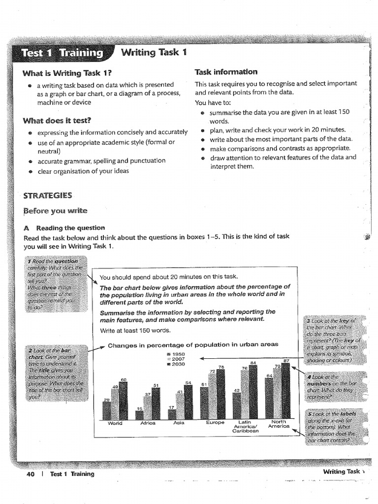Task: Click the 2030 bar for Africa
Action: [156, 404]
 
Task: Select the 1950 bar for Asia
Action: [172, 414]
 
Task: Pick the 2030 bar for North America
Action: [286, 393]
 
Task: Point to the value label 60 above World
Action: [124, 379]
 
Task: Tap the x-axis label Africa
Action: [148, 423]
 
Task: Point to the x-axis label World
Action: [115, 423]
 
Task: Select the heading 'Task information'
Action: [226, 72]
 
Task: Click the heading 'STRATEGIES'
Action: [48, 195]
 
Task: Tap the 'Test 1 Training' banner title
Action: [62, 53]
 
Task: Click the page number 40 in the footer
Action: [31, 474]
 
